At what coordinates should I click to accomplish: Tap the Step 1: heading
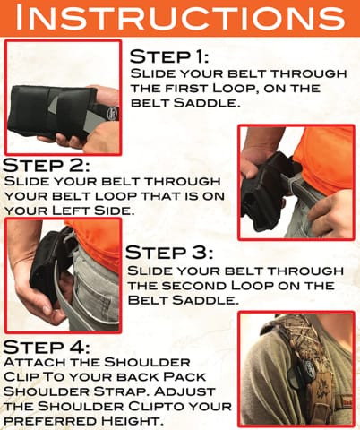coord(169,56)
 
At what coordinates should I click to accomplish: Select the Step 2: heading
coord(47,165)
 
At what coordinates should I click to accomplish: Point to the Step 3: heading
coord(169,253)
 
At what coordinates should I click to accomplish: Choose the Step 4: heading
coord(47,347)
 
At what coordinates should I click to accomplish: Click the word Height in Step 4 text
coord(133,421)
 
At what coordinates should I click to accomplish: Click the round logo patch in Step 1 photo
coord(114,113)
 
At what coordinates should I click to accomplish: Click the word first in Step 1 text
coord(189,89)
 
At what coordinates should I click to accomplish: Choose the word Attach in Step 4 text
coord(35,362)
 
